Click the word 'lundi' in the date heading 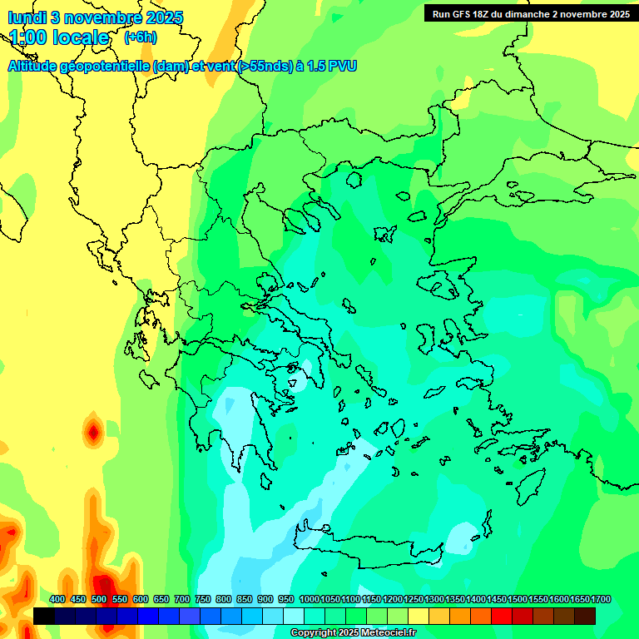tap(27, 17)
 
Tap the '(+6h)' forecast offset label tap(140, 37)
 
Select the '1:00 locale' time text tap(59, 38)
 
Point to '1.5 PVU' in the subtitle tap(331, 67)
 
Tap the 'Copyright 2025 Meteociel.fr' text tap(354, 633)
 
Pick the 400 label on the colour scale tap(57, 599)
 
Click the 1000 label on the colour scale tap(309, 599)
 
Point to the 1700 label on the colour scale tap(601, 599)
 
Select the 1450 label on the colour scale tap(497, 599)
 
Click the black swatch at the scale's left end tap(44, 616)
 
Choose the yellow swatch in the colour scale tap(419, 616)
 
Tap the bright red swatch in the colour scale tap(502, 616)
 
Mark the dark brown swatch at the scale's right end tap(585, 616)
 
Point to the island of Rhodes tap(530, 484)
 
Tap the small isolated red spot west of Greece tap(93, 433)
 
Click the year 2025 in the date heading tap(163, 17)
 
